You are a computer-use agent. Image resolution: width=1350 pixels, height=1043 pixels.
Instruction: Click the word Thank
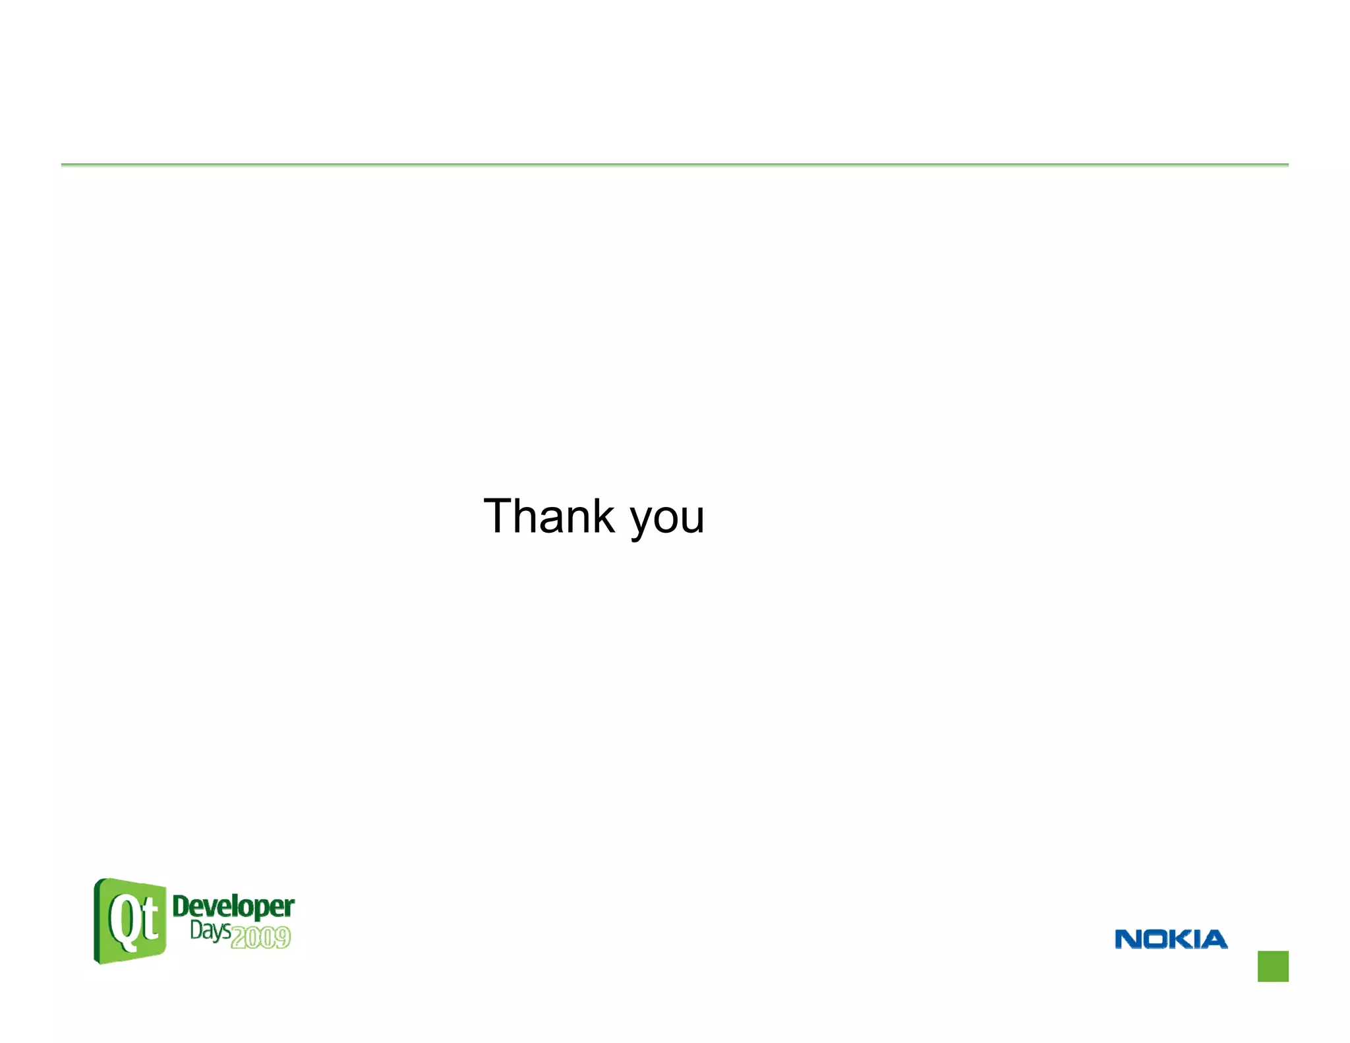(548, 516)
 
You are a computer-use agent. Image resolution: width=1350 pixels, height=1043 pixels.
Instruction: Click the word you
(667, 521)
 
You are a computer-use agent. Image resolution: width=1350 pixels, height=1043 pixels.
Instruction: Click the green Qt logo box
(130, 920)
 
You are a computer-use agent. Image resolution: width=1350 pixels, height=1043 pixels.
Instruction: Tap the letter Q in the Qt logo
(123, 922)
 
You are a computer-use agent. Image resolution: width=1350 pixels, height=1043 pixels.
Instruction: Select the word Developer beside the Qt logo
(233, 907)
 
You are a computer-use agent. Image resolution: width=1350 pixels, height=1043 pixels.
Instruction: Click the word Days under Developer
(210, 930)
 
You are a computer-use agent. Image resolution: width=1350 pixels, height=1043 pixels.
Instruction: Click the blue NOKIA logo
(1171, 939)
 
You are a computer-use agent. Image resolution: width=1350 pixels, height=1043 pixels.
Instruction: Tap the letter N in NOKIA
(1127, 939)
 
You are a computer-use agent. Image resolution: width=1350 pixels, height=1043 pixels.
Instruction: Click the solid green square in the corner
(1273, 966)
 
